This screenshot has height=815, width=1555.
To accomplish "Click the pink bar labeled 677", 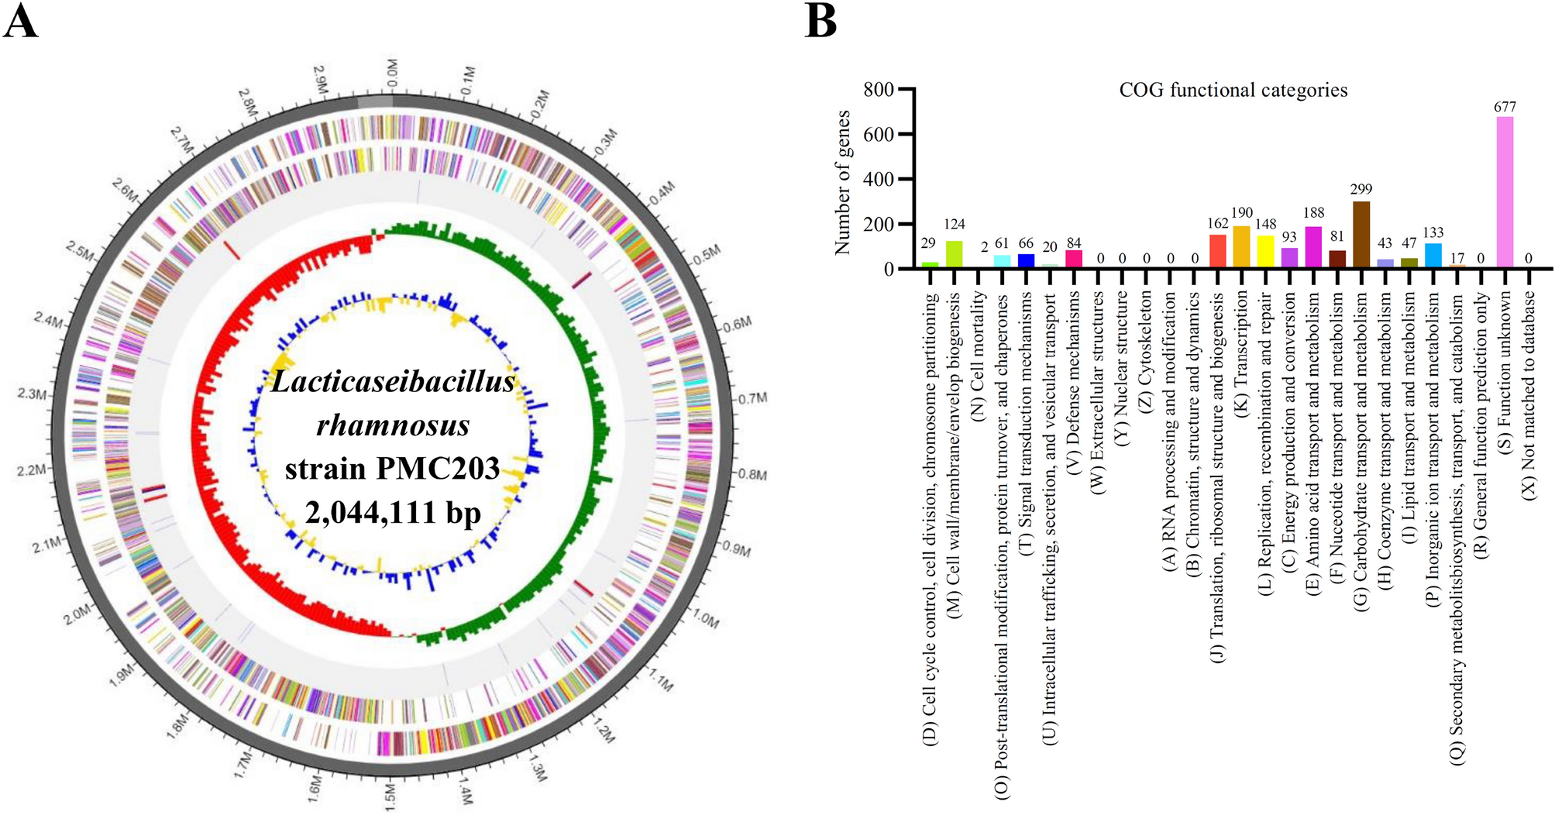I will click(1505, 192).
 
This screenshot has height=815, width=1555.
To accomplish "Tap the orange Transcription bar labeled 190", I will click(1242, 247).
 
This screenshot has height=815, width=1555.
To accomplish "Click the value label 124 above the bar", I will click(955, 225).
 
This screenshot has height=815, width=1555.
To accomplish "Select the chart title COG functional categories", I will click(1233, 91).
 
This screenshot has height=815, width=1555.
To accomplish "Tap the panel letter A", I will click(21, 22).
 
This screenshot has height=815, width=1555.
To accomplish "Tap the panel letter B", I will click(821, 22).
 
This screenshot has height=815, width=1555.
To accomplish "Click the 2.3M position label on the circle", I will click(32, 394).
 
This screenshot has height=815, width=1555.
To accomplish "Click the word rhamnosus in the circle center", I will click(393, 425).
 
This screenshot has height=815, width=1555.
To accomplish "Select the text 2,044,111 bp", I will click(393, 512).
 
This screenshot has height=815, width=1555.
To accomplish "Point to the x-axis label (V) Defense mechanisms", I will click(1074, 371).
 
